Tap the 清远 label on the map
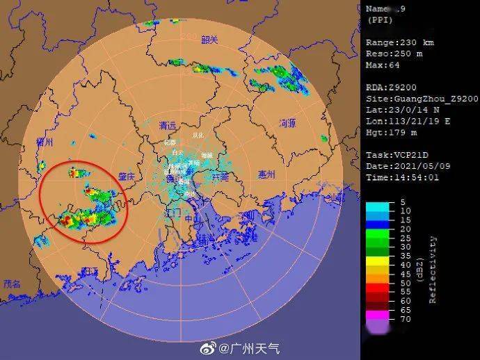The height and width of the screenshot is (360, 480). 167,126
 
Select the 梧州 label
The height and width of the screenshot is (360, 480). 45,142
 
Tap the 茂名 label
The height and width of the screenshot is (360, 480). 13,284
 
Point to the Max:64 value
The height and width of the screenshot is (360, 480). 383,65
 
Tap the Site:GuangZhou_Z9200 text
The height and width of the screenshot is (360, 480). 422,99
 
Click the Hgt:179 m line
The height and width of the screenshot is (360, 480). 391,132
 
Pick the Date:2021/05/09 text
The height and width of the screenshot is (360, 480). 402,166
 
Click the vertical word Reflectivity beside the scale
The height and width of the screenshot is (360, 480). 433,270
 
